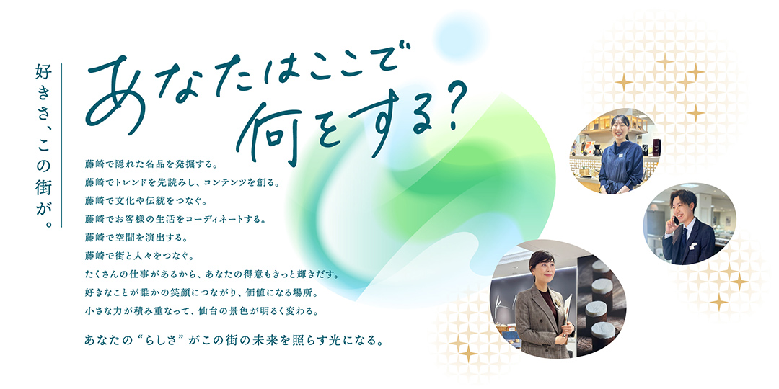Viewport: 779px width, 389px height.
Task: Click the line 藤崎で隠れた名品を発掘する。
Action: (x=151, y=155)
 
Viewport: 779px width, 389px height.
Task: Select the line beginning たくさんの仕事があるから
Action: (x=210, y=274)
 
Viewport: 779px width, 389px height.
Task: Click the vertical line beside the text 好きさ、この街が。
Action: (x=63, y=145)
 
